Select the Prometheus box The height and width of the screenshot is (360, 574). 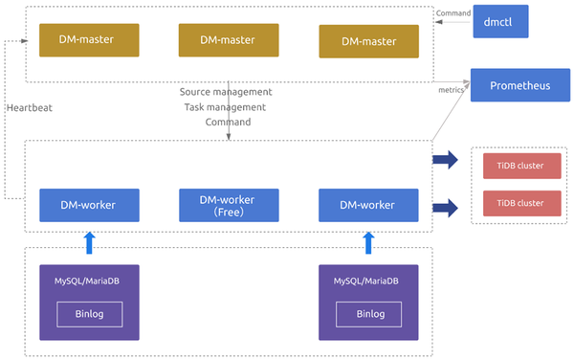520,86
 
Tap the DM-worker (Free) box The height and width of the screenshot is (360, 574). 229,205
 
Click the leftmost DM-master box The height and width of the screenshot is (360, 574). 89,40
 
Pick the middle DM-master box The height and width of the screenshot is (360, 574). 229,40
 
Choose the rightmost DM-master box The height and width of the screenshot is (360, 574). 369,40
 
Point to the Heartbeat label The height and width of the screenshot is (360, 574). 29,107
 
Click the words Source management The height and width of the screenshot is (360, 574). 227,93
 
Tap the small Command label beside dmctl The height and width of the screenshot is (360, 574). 452,12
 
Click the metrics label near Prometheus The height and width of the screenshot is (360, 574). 451,90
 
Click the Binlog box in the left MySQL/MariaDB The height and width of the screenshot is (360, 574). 89,313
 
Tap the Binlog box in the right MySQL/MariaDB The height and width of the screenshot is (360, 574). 369,313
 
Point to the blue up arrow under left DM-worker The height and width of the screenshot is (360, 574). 89,241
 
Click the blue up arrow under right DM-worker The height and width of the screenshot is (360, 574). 369,241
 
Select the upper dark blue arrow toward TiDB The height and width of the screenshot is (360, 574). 445,160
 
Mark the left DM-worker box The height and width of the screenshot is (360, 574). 89,205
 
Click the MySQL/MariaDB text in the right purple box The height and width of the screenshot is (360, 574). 369,282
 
